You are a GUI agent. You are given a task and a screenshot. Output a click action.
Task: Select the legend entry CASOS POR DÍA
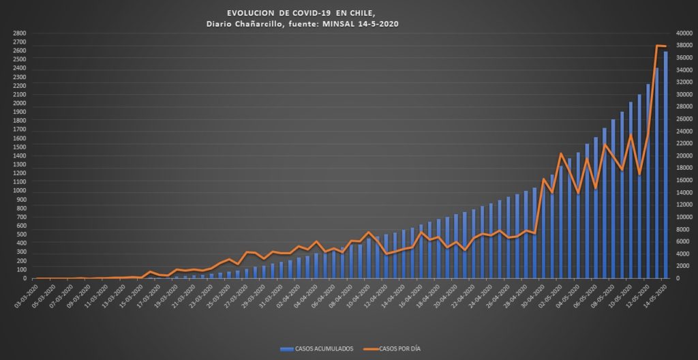[392, 349]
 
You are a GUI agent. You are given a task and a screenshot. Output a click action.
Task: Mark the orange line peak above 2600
[658, 46]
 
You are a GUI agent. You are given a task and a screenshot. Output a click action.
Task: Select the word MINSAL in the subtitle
[335, 24]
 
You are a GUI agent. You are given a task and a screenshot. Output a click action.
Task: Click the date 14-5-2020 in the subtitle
[374, 24]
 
